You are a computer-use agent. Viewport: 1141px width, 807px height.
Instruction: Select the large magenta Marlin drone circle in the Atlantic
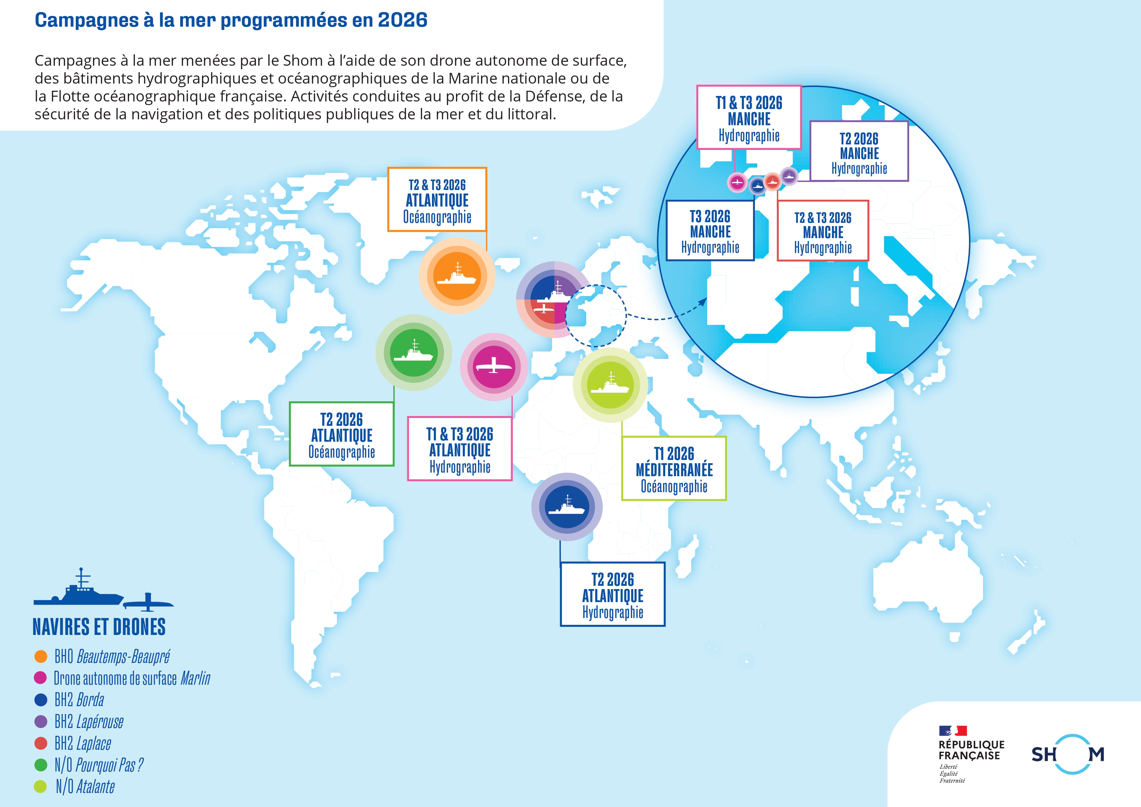[x=493, y=367]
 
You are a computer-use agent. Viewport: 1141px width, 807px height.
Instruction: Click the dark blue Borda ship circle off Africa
[x=567, y=506]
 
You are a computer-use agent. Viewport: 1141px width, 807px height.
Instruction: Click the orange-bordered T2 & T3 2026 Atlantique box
[x=437, y=200]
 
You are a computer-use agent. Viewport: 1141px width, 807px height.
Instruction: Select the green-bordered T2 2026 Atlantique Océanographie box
[x=342, y=434]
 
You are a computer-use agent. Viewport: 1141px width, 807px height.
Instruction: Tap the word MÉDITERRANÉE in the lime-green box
[x=674, y=470]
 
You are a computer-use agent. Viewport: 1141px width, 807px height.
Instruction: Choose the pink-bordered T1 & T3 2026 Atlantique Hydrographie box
[x=460, y=449]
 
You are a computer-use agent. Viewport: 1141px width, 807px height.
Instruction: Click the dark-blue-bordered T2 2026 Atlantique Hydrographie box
[x=612, y=594]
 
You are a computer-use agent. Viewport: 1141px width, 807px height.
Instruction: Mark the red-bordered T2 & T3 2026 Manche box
[x=823, y=231]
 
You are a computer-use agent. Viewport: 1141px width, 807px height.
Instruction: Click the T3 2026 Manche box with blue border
[x=710, y=231]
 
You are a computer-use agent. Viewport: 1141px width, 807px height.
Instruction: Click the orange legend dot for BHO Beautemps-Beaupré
[x=41, y=656]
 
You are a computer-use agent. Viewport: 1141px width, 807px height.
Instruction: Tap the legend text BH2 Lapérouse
[x=88, y=721]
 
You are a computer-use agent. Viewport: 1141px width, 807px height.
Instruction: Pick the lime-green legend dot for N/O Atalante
[x=40, y=787]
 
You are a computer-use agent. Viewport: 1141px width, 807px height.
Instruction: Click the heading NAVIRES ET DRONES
[x=99, y=627]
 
